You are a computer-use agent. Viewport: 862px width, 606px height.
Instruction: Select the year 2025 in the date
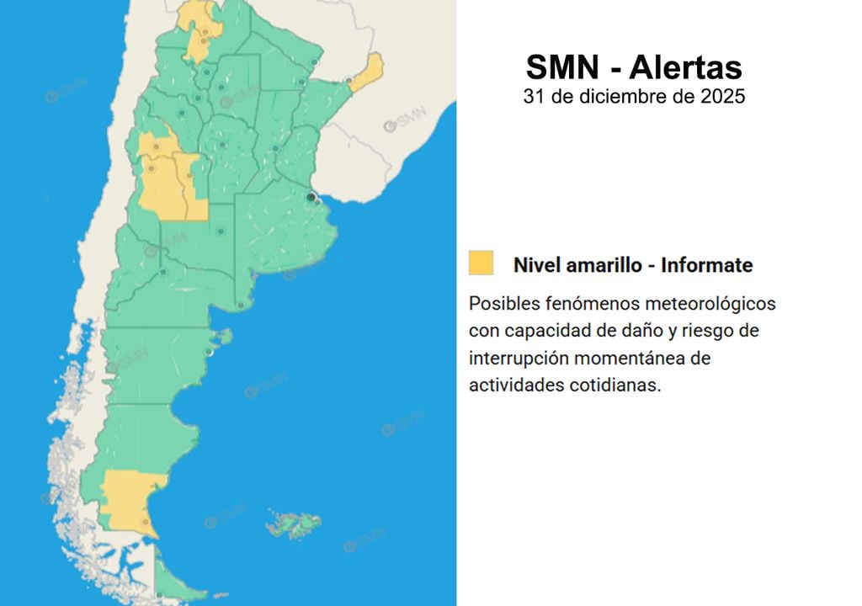pyautogui.click(x=722, y=97)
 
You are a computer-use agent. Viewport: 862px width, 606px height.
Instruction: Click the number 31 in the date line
pyautogui.click(x=533, y=97)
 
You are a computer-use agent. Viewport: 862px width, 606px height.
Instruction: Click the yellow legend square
pyautogui.click(x=481, y=263)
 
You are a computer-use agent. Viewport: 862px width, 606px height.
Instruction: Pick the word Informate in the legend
pyautogui.click(x=707, y=265)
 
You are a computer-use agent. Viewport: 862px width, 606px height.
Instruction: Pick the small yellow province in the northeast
pyautogui.click(x=367, y=72)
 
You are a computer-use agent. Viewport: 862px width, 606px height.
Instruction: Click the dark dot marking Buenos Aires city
pyautogui.click(x=311, y=197)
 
